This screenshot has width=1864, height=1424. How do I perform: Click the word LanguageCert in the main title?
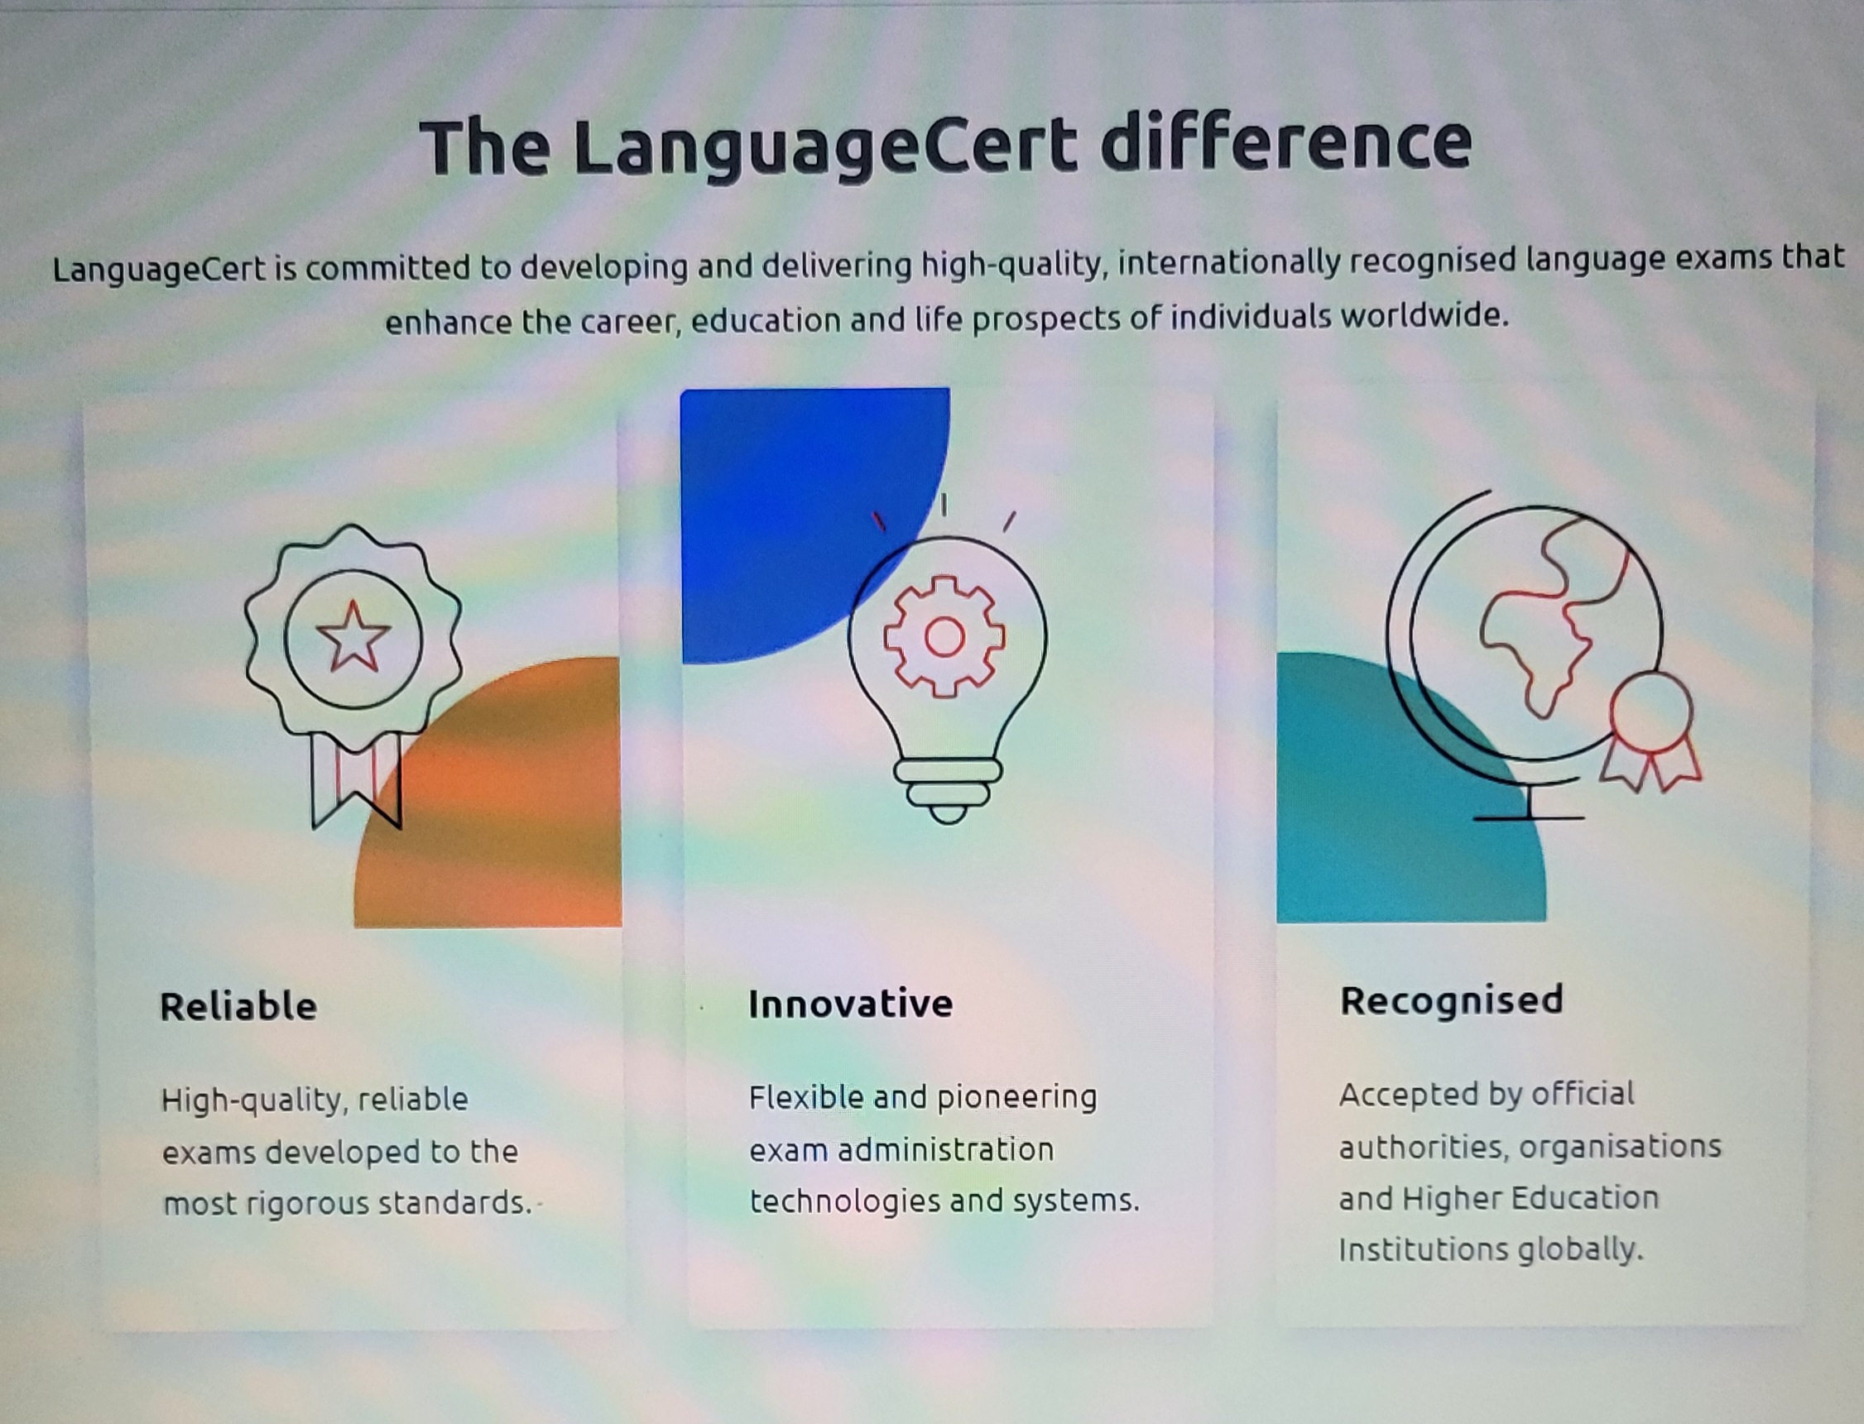pos(824,147)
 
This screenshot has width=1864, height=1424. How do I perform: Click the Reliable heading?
pos(238,1006)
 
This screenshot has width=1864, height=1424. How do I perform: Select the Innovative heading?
pos(850,1004)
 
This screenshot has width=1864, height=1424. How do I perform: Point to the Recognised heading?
pos(1451,1001)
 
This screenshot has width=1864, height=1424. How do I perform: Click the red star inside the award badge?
pos(353,636)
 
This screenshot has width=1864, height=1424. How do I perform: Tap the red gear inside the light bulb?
pos(944,636)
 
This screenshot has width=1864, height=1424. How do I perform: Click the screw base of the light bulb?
pos(948,792)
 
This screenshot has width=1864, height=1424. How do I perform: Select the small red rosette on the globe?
pos(1651,733)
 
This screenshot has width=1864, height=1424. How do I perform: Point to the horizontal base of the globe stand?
pos(1528,818)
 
